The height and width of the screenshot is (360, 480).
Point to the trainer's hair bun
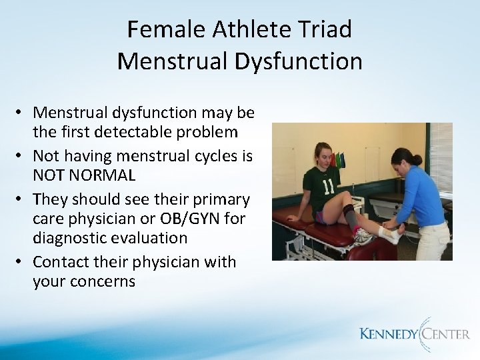(x=416, y=159)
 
